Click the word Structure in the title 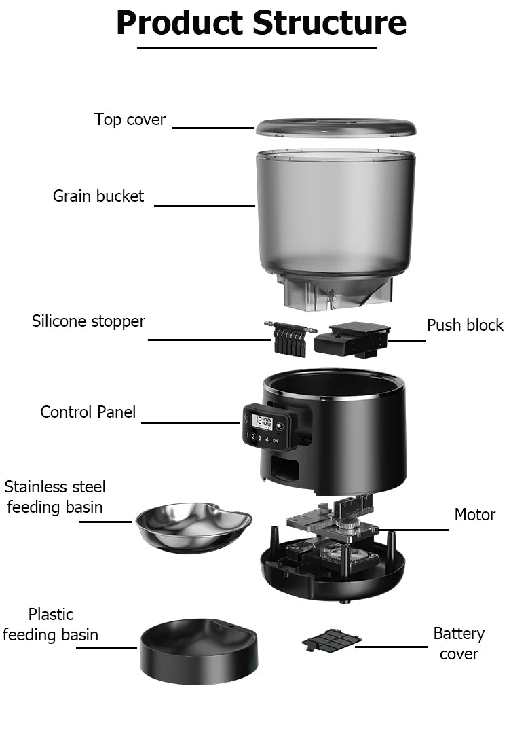331,23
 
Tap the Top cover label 130,120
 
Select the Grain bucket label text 98,196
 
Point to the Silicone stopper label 88,321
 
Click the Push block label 465,325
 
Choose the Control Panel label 88,412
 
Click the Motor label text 474,515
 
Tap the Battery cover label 459,643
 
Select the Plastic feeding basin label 50,625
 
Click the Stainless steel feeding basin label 54,496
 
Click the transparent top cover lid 335,127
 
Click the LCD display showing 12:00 262,422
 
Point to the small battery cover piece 331,639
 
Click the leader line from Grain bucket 204,206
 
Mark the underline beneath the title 257,48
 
